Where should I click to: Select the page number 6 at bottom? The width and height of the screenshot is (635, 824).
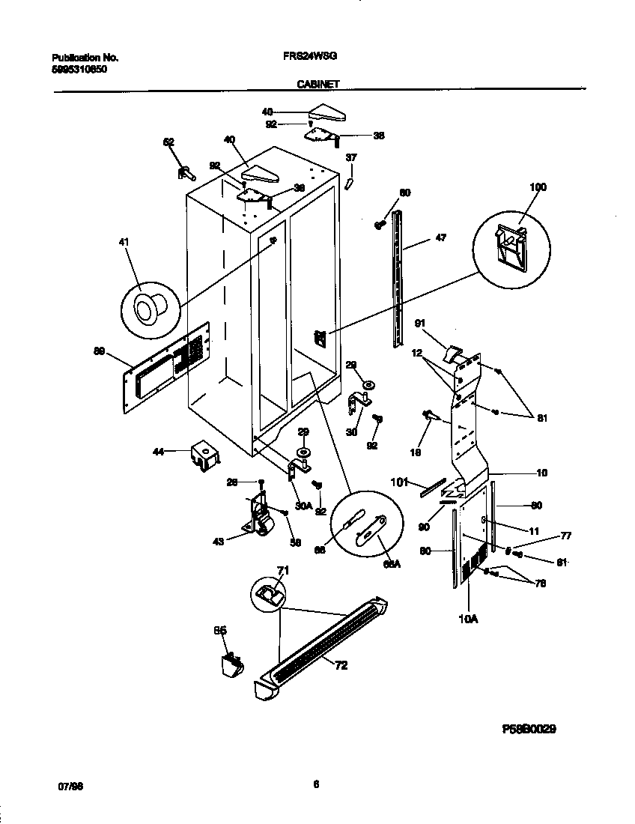click(x=316, y=784)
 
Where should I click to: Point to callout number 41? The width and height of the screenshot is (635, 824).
click(x=124, y=242)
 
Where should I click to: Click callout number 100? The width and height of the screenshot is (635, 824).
click(x=538, y=187)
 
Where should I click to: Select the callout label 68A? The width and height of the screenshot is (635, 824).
click(x=392, y=564)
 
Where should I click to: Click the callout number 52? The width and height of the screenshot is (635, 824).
click(x=168, y=142)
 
